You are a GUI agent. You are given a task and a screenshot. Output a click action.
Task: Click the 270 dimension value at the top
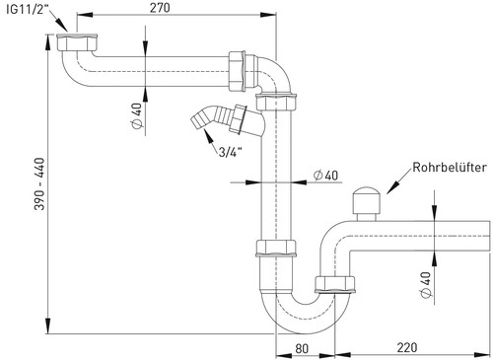coord(160,8)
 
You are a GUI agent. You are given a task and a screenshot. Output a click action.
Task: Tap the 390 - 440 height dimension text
coord(39,183)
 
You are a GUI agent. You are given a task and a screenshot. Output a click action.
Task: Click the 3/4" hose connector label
coord(230,152)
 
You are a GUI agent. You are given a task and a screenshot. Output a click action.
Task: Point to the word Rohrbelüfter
coord(450,168)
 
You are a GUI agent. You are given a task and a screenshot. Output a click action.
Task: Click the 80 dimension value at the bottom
coord(302,348)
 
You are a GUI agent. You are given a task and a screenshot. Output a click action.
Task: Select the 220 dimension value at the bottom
coord(407,347)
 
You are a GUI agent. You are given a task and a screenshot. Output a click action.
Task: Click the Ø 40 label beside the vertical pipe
coord(325,176)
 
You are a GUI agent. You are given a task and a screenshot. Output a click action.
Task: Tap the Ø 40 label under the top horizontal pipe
coord(137,115)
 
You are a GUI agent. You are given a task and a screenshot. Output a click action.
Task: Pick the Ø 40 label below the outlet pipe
coord(426,285)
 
